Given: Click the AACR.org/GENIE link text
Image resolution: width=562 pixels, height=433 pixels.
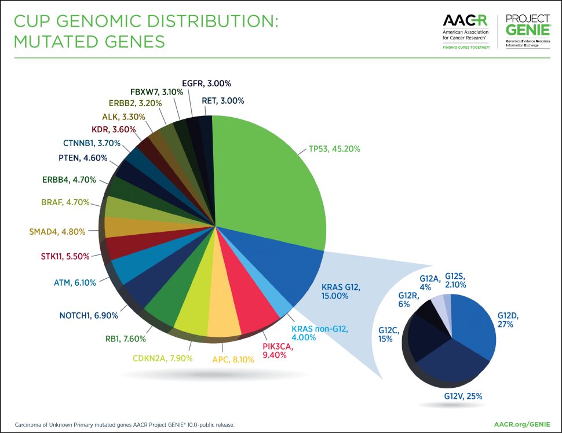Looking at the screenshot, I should click(x=523, y=424).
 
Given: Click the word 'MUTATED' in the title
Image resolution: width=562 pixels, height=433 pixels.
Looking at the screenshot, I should click(x=57, y=42).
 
